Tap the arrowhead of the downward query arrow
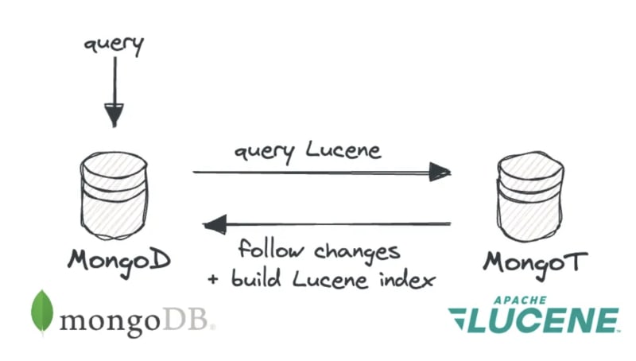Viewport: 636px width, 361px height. pos(114,115)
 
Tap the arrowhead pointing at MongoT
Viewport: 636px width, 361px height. pos(439,171)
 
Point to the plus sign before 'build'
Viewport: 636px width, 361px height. pos(213,280)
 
